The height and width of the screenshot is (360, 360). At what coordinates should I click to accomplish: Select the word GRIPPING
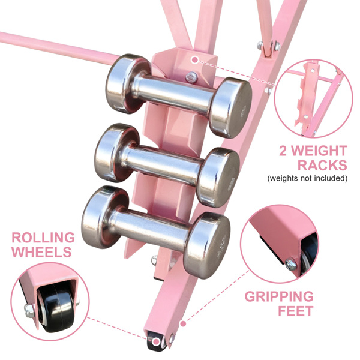pyautogui.click(x=278, y=296)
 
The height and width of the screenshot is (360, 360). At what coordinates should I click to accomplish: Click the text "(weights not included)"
pyautogui.click(x=308, y=178)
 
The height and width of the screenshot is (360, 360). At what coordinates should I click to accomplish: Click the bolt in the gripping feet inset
pyautogui.click(x=292, y=262)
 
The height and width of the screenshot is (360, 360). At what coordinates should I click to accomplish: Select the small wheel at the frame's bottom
pyautogui.click(x=157, y=342)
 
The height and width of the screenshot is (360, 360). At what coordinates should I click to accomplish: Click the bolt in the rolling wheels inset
pyautogui.click(x=28, y=310)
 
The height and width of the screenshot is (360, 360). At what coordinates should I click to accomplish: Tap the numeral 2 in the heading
pyautogui.click(x=284, y=150)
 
